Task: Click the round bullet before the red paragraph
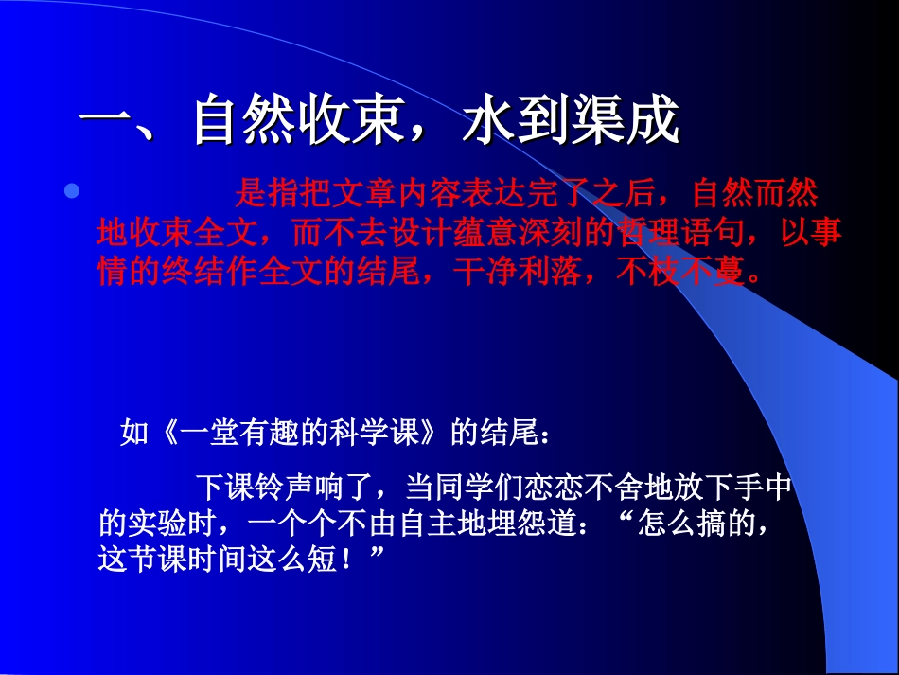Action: [71, 192]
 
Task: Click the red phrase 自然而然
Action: [755, 194]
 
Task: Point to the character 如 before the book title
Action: [134, 434]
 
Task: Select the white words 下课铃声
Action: [255, 488]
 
